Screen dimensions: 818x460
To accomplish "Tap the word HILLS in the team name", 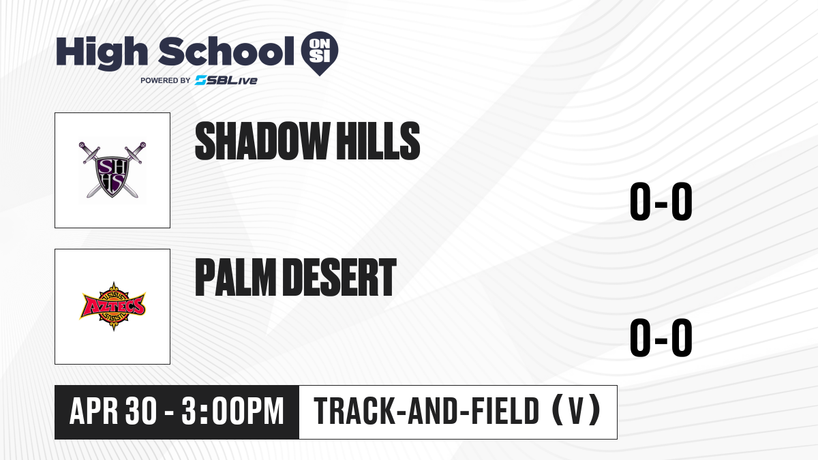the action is pyautogui.click(x=378, y=141).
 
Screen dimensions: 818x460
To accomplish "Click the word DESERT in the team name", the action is pyautogui.click(x=340, y=277).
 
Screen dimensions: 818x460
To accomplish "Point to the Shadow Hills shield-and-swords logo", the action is pyautogui.click(x=112, y=170).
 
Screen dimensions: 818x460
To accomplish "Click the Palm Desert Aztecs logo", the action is pyautogui.click(x=112, y=307).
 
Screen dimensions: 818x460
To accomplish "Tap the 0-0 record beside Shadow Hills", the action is pyautogui.click(x=661, y=202).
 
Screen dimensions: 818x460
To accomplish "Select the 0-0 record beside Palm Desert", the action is pyautogui.click(x=661, y=338).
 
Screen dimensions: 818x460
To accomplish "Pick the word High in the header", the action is pyautogui.click(x=102, y=52).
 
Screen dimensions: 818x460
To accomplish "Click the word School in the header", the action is pyautogui.click(x=226, y=52).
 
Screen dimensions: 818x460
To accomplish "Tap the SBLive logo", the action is pyautogui.click(x=226, y=80).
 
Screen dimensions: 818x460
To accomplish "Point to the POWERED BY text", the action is pyautogui.click(x=166, y=80).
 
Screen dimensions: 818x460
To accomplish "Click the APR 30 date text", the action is pyautogui.click(x=113, y=411).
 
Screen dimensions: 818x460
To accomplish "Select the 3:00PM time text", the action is pyautogui.click(x=233, y=411).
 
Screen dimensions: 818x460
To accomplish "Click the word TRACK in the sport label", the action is pyautogui.click(x=353, y=411).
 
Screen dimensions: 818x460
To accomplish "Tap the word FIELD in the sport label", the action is pyautogui.click(x=505, y=411).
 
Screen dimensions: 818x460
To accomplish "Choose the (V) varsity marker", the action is pyautogui.click(x=576, y=410).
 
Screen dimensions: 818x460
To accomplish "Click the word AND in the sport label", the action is pyautogui.click(x=432, y=411).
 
